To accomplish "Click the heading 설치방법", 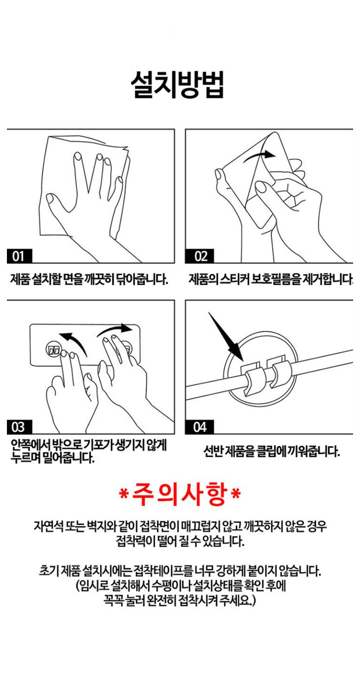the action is pos(177,85).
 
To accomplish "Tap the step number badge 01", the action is pos(19,256).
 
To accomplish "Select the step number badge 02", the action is pos(200,256).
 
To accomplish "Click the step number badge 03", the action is pos(19,427).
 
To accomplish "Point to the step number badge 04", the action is pos(200,427).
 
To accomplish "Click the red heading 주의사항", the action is pos(180,494).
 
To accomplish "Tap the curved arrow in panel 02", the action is pos(259,156).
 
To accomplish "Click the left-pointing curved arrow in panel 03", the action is pos(74,342).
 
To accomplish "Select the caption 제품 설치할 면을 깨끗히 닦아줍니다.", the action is pos(90,279).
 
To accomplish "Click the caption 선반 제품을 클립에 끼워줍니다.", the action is pos(271,452).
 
